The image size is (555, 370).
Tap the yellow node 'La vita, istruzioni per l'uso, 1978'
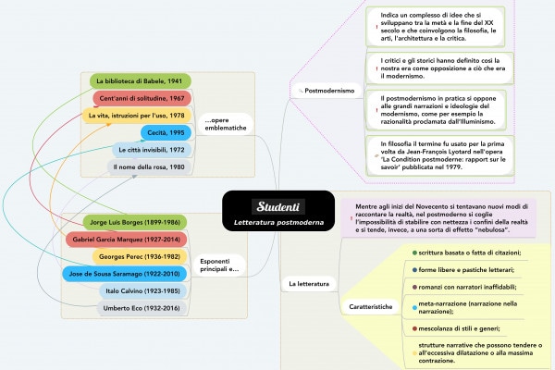coord(136,115)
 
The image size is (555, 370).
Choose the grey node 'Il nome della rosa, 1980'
coord(149,166)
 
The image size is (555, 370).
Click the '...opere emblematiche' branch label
coord(225,124)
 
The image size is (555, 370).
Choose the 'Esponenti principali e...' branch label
coord(219,265)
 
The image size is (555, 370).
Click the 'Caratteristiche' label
coord(369,305)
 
